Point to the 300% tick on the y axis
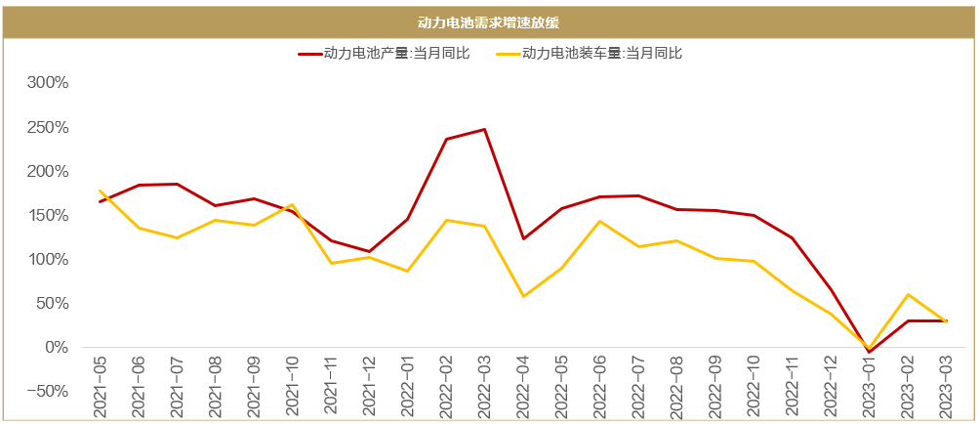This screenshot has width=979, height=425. [x=47, y=83]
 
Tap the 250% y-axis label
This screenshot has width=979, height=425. [x=47, y=127]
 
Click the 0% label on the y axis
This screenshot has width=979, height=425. [x=55, y=348]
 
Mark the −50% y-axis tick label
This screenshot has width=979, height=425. [x=45, y=392]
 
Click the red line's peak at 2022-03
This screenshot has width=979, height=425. [x=485, y=129]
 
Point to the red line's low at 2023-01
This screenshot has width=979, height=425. [x=869, y=352]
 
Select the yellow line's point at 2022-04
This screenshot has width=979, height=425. [x=523, y=296]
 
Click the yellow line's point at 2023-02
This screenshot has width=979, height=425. [x=908, y=294]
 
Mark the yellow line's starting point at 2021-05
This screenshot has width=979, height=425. [x=101, y=191]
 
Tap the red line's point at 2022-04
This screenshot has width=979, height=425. [x=523, y=238]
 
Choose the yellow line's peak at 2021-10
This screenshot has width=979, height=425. [x=293, y=204]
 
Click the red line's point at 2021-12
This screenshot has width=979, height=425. [x=370, y=251]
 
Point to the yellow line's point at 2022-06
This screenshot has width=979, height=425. [x=600, y=221]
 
